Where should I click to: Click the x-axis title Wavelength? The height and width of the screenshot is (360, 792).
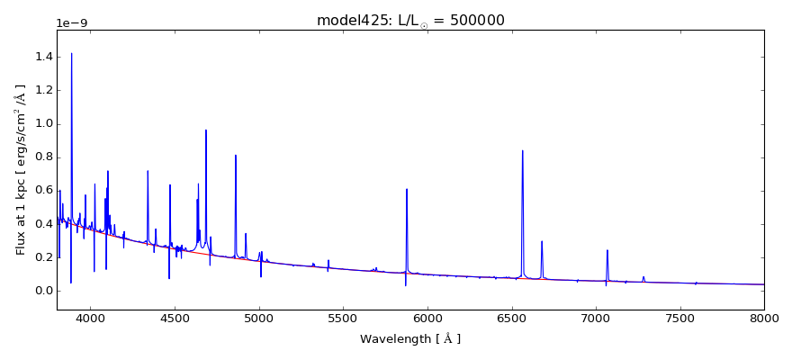pos(409,339)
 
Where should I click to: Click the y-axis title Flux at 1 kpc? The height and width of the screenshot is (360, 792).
pos(20,170)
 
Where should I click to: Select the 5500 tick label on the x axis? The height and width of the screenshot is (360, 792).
pos(343,318)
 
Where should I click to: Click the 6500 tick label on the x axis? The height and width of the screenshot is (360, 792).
pos(511,318)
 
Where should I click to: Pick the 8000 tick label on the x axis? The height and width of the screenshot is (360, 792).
pos(764,318)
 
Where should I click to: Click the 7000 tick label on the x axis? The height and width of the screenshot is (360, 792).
pos(596,318)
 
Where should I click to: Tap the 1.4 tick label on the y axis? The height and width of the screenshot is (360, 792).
pos(43,57)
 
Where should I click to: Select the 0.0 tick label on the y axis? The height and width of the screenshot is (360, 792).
pos(43,291)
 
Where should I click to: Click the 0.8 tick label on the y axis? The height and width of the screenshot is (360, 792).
pos(43,157)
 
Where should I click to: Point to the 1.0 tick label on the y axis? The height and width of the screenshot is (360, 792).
pos(43,124)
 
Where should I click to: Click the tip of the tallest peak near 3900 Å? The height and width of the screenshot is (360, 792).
pos(72,53)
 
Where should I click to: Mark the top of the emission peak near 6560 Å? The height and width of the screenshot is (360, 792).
pos(522,150)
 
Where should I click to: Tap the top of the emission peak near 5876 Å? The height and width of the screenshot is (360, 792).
pos(407,189)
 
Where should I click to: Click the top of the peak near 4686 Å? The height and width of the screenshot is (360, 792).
pos(206,130)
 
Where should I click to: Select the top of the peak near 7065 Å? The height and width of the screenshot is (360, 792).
pos(607,250)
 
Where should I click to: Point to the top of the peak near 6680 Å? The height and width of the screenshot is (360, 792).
pos(542,241)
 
